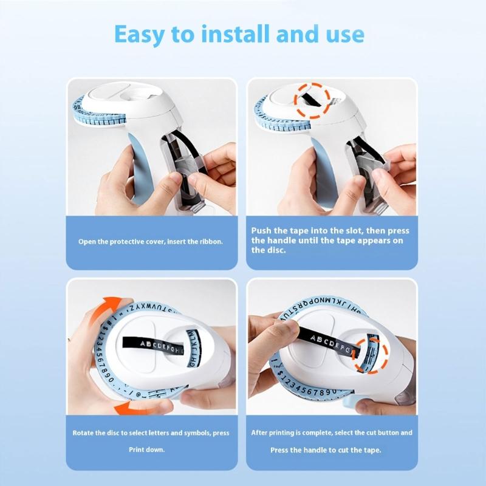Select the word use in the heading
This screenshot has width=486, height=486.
[343, 35]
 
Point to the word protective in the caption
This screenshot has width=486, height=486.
[126, 241]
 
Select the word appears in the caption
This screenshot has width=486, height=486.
[371, 241]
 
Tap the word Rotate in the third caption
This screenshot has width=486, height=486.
[84, 433]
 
